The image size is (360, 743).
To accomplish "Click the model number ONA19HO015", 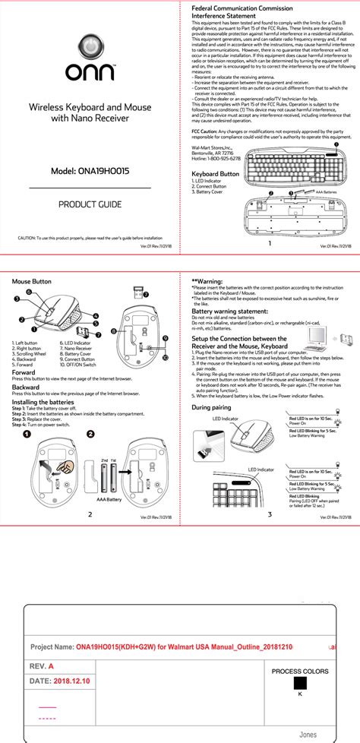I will (x=90, y=172).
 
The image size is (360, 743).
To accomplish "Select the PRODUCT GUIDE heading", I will (x=90, y=205).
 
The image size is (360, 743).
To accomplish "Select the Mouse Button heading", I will (x=32, y=281).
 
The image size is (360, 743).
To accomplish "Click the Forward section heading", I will (x=24, y=372).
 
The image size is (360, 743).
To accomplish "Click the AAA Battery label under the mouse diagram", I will (x=109, y=499).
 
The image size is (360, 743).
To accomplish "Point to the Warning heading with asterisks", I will (x=207, y=280).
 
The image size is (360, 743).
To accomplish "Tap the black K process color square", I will (x=299, y=682).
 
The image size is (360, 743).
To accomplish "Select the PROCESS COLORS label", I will (x=300, y=672).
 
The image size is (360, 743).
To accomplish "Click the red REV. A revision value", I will (x=52, y=666).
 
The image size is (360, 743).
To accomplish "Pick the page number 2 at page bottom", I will (x=90, y=514).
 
